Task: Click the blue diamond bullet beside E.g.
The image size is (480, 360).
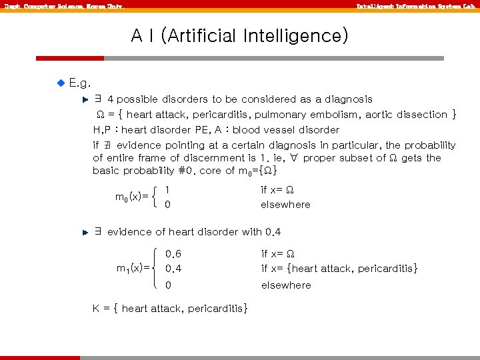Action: click(x=61, y=83)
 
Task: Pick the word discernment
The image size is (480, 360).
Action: click(x=205, y=158)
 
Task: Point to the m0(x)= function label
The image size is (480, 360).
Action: click(x=131, y=197)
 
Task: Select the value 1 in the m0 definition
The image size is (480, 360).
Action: click(x=167, y=189)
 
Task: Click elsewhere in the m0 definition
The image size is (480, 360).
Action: click(x=285, y=205)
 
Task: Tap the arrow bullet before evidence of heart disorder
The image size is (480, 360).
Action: click(x=85, y=233)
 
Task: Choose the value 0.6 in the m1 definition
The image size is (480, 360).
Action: click(x=173, y=254)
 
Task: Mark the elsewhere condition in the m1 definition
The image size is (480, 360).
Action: click(x=286, y=285)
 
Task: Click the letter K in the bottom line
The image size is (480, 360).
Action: click(x=97, y=309)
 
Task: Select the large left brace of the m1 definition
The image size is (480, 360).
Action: click(x=157, y=269)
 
